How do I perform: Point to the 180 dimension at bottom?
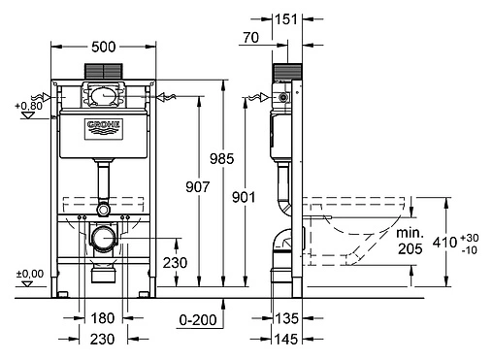click(102, 318)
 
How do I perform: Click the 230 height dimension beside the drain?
click(176, 261)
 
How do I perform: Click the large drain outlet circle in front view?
click(102, 237)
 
